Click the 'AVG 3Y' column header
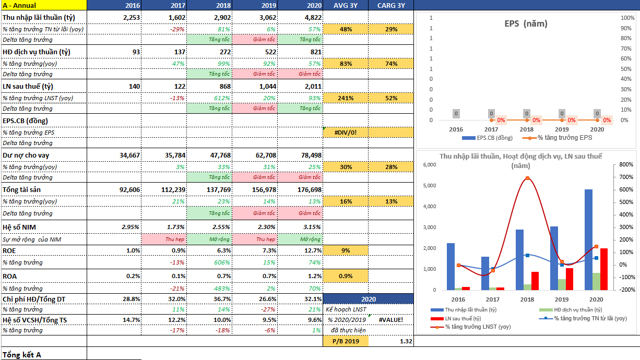[346, 5]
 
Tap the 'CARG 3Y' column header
[390, 5]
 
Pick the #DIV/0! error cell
[346, 133]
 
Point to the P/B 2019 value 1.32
[405, 341]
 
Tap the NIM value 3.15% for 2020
[310, 227]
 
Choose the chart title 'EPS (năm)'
[526, 23]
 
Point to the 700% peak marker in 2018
[528, 178]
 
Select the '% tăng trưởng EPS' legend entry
[565, 138]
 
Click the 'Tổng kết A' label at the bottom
[22, 355]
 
